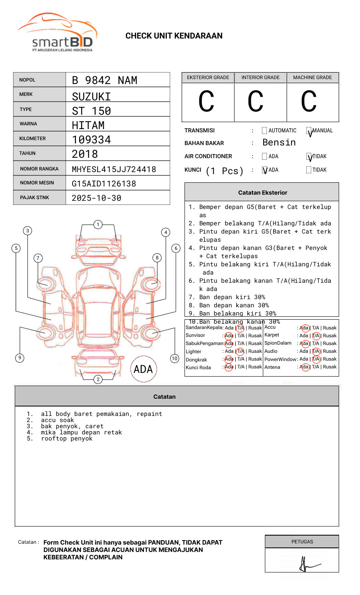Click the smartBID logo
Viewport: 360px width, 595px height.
tap(58, 33)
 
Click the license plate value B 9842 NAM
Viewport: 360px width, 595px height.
tap(105, 80)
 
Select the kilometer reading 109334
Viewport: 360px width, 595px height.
tap(91, 140)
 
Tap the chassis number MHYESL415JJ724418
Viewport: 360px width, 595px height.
tap(114, 169)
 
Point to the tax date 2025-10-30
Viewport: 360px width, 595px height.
tap(96, 198)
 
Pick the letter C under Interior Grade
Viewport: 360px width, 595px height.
tap(255, 102)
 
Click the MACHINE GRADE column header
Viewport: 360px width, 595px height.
tap(312, 77)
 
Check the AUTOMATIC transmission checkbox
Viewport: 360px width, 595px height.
tap(264, 131)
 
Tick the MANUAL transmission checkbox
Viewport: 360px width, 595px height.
tap(309, 131)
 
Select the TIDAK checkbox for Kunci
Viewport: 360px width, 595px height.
tap(309, 170)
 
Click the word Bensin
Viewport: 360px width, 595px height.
tap(279, 143)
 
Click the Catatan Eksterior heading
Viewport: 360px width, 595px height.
tap(262, 193)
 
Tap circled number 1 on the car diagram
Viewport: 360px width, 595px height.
tap(98, 225)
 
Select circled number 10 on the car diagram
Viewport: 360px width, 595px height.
tap(175, 359)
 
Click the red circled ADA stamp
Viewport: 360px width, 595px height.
tap(143, 369)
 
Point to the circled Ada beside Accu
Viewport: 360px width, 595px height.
tap(304, 328)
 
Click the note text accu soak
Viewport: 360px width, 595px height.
tap(57, 420)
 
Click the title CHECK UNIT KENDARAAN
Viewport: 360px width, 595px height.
tap(174, 36)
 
